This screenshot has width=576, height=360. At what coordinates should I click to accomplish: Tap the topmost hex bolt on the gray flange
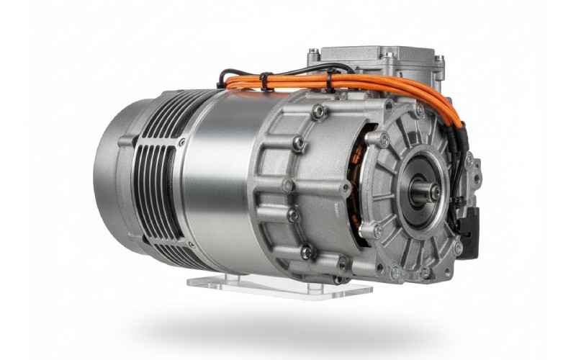[x=318, y=111]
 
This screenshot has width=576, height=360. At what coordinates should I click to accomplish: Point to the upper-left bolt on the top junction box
[x=313, y=53]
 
